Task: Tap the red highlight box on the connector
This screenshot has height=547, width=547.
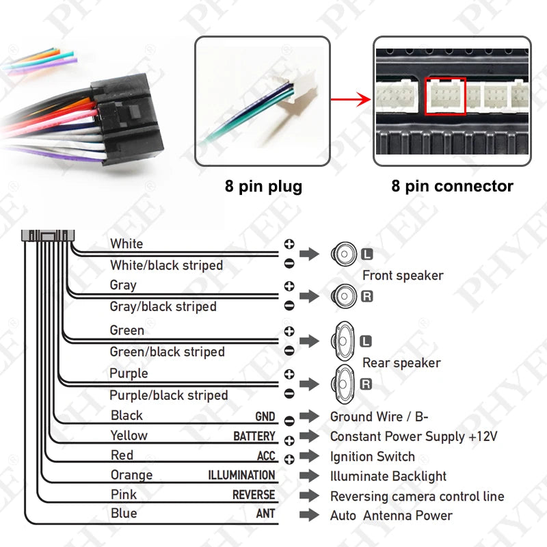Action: [x=445, y=96]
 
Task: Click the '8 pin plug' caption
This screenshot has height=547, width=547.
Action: [x=263, y=186]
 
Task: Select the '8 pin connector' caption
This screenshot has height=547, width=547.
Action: [x=452, y=186]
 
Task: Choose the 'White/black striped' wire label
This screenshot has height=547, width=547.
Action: [x=166, y=265]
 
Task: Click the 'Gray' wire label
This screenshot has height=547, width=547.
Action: [x=123, y=285]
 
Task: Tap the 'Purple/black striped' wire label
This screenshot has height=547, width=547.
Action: [x=168, y=395]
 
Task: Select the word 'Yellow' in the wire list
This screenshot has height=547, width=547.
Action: [x=129, y=436]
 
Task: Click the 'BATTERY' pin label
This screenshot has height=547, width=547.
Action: [x=254, y=436]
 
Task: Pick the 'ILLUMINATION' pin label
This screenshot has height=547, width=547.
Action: [x=241, y=475]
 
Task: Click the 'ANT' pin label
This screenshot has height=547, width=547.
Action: [x=265, y=513]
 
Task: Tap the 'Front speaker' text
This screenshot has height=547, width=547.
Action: [x=402, y=276]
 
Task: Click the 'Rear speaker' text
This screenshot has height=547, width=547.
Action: [x=401, y=363]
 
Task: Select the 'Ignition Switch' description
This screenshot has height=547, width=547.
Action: [x=372, y=457]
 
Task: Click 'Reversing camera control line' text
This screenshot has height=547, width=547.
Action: [x=417, y=496]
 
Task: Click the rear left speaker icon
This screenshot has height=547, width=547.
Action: [x=343, y=340]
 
